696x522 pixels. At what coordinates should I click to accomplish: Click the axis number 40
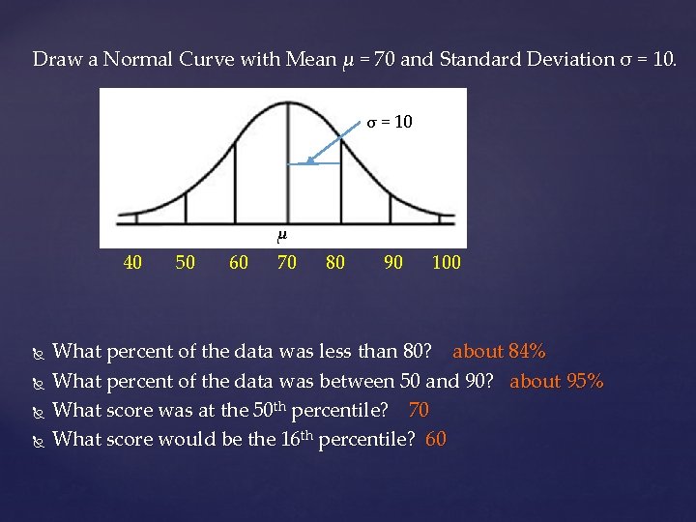click(134, 262)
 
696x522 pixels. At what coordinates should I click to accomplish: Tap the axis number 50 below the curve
click(185, 262)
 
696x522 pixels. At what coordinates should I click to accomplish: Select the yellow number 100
click(446, 262)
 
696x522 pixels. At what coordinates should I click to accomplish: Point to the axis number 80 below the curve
click(334, 262)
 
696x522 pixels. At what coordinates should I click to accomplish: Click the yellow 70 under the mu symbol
click(286, 262)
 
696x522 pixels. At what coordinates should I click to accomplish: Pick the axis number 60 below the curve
click(238, 262)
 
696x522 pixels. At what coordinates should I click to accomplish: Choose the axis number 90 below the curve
click(393, 262)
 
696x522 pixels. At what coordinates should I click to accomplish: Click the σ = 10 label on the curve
click(389, 123)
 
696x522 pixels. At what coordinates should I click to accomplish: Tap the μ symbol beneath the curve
click(282, 235)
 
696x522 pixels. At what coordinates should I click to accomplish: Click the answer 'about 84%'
click(499, 351)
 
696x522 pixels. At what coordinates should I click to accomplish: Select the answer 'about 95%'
click(556, 381)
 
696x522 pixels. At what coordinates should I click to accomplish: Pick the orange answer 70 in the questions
click(419, 410)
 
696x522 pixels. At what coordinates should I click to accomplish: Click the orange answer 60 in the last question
click(436, 439)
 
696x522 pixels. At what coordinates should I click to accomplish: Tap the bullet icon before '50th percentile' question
click(38, 411)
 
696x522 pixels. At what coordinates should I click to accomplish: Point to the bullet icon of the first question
click(38, 352)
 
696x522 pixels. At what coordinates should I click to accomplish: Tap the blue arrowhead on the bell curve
click(304, 163)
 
